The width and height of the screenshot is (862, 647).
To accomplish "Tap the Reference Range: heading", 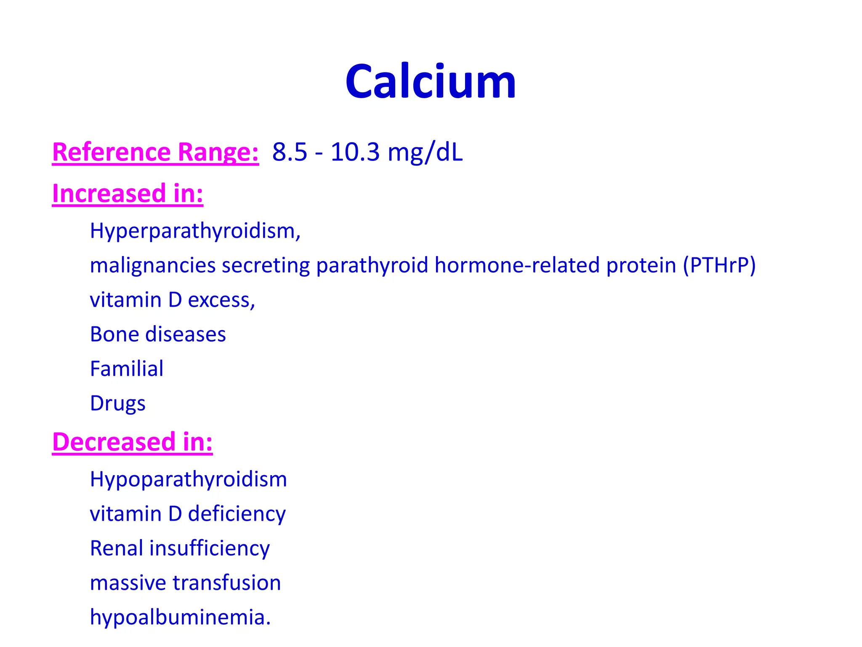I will point(155,152).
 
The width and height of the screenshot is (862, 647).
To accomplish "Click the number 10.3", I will point(355,152).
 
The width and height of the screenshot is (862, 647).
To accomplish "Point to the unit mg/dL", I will point(425,152).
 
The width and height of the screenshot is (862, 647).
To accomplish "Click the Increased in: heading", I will point(128,194).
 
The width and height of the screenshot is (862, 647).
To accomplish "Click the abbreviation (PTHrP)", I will point(719,265).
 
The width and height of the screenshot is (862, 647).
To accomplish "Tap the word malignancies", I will point(153,266).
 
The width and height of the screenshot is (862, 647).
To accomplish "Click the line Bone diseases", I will point(158,334).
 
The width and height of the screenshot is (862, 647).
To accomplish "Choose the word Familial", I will point(127,369).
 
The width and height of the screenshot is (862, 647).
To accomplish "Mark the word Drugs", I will point(118,404).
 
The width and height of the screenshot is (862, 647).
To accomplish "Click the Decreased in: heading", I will point(132,442).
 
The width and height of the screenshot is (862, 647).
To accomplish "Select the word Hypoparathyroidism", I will point(188,480).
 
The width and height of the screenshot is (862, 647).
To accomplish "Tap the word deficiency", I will point(237,514).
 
